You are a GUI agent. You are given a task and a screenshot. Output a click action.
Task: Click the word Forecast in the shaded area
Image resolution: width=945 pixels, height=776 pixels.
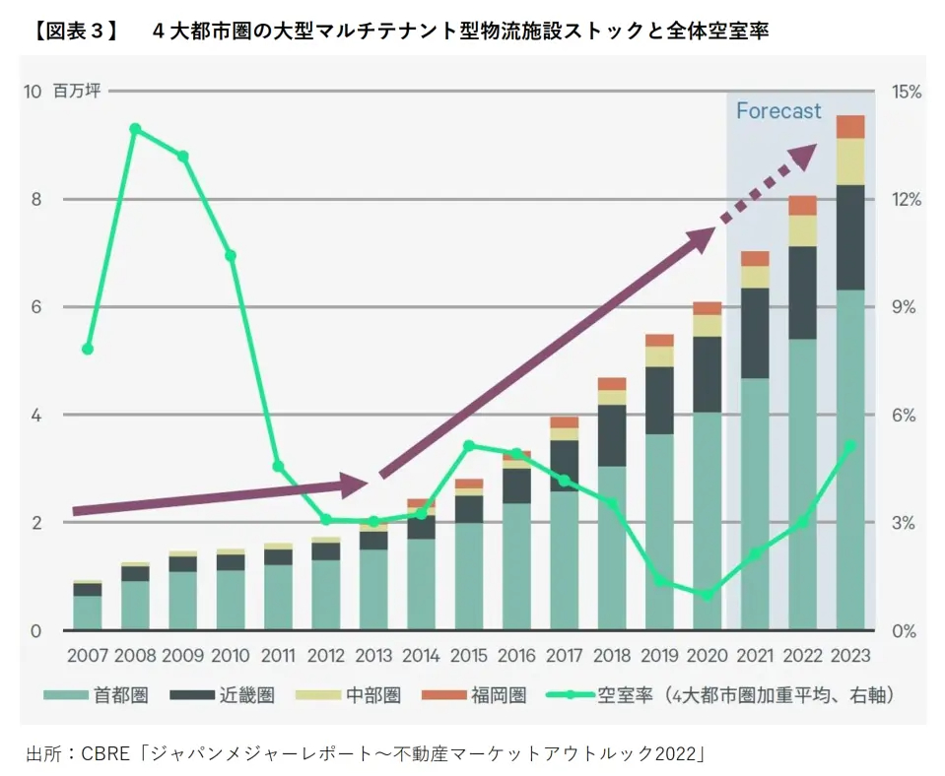[x=777, y=111]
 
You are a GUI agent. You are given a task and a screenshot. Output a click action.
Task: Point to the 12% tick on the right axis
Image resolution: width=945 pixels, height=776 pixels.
[x=906, y=199]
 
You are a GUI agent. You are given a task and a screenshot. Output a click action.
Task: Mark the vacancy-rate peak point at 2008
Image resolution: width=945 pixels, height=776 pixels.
[x=135, y=129]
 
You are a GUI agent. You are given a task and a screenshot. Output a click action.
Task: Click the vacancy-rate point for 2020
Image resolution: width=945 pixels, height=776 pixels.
[x=707, y=595]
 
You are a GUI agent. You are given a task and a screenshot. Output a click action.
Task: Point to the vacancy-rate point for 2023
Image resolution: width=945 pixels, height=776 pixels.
[x=849, y=445]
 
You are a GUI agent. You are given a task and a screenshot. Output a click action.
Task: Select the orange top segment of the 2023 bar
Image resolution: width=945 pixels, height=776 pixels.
[x=849, y=126]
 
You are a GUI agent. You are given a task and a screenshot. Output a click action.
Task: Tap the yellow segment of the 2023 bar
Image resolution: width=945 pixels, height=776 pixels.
[x=849, y=162]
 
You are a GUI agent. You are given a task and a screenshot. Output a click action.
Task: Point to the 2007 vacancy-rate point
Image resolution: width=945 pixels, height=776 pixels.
[x=88, y=349]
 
